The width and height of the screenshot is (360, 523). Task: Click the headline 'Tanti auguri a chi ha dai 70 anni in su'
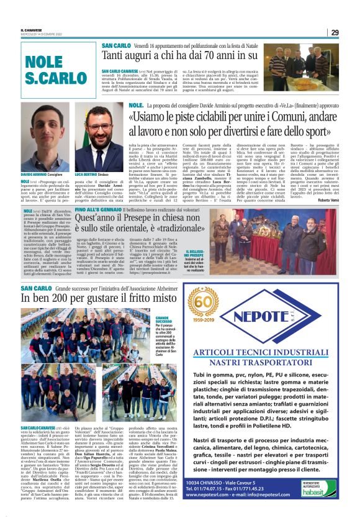180,58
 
